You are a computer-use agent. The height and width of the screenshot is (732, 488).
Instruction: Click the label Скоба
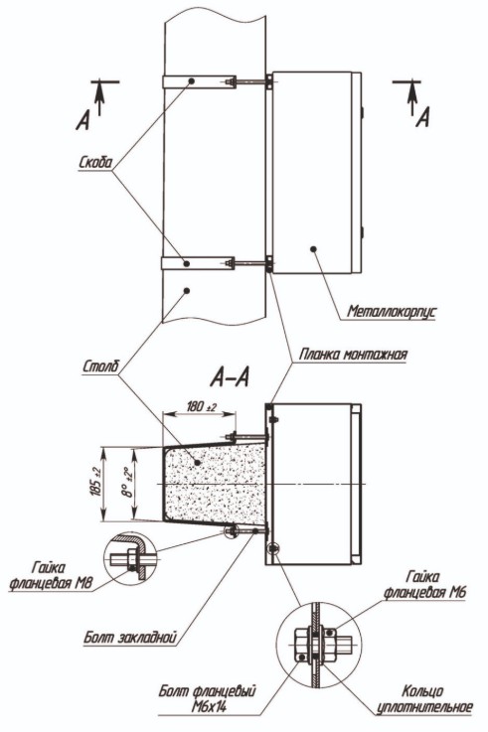[95, 162]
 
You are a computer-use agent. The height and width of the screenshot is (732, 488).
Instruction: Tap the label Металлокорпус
[391, 311]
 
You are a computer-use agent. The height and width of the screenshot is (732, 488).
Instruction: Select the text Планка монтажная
[353, 354]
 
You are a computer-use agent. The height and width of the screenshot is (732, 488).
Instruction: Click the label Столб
[100, 366]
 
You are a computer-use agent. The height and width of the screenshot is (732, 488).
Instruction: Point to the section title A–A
[230, 377]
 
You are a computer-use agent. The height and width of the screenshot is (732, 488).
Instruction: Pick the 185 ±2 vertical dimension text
[96, 483]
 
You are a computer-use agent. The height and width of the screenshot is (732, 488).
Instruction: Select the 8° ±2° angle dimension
[125, 483]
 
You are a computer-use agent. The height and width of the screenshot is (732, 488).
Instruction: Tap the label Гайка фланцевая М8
[51, 575]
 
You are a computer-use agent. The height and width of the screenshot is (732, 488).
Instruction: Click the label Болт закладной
[130, 637]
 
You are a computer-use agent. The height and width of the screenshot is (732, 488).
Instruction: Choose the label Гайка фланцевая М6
[424, 585]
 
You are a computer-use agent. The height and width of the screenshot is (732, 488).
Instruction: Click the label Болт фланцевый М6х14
[209, 699]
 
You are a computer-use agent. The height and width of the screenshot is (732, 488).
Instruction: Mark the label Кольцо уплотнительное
[424, 699]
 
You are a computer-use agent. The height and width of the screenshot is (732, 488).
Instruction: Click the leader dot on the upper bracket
[192, 80]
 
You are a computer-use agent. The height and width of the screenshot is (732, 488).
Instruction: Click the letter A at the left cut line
[83, 121]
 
